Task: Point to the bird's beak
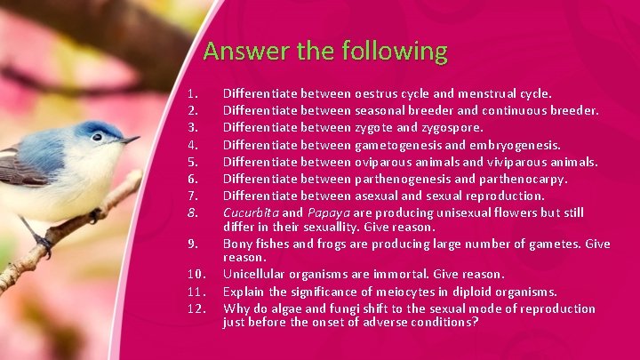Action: (131, 140)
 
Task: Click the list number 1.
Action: (193, 92)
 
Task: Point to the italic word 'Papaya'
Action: (328, 213)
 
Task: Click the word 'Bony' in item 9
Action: (237, 244)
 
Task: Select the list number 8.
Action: (193, 213)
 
